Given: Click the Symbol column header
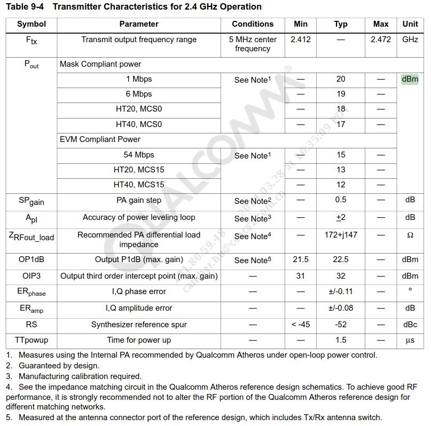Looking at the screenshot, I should [32, 24].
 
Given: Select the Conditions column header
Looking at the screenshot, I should [253, 24].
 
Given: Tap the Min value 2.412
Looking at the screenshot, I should [301, 40].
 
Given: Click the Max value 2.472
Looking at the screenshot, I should [381, 40].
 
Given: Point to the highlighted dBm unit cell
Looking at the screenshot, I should [410, 79].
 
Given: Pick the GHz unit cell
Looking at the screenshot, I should [410, 40].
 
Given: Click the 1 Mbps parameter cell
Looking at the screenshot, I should [139, 79].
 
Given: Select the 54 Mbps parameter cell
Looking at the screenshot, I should [139, 155].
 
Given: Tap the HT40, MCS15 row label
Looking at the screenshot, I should [139, 185].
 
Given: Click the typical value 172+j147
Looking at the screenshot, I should [341, 235].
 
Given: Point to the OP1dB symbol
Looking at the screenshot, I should [32, 259].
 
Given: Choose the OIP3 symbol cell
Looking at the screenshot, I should [32, 276].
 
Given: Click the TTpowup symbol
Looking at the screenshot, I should [32, 340].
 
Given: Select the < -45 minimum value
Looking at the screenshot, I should [301, 325].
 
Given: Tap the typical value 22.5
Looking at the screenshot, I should [341, 259].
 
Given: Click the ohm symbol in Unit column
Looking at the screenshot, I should [410, 235].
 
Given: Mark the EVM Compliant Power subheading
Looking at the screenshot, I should [100, 139].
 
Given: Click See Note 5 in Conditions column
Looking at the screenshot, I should [253, 260].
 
